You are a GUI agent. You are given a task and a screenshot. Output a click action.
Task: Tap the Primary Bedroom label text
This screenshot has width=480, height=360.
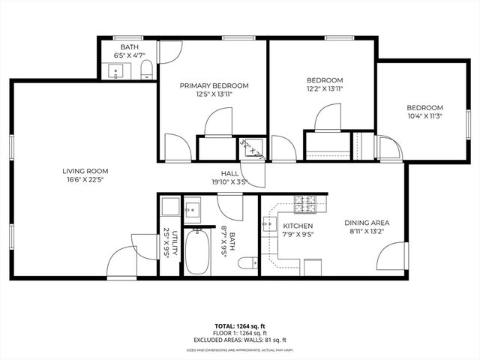click(x=214, y=86)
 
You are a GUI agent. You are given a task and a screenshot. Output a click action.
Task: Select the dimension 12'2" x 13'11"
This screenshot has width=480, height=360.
click(x=324, y=89)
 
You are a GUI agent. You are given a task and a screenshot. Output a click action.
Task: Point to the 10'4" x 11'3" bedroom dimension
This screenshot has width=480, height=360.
click(x=424, y=116)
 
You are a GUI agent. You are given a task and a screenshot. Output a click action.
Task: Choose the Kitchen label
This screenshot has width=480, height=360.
click(x=298, y=226)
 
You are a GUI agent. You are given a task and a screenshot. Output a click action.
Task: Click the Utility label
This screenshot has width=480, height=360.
click(x=175, y=244)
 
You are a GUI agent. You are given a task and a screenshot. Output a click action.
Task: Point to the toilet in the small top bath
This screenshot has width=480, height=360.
click(x=147, y=71)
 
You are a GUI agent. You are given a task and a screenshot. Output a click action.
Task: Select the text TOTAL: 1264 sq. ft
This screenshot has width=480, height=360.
click(x=239, y=325)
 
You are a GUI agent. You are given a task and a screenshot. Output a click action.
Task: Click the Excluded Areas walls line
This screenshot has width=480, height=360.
click(x=239, y=339)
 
